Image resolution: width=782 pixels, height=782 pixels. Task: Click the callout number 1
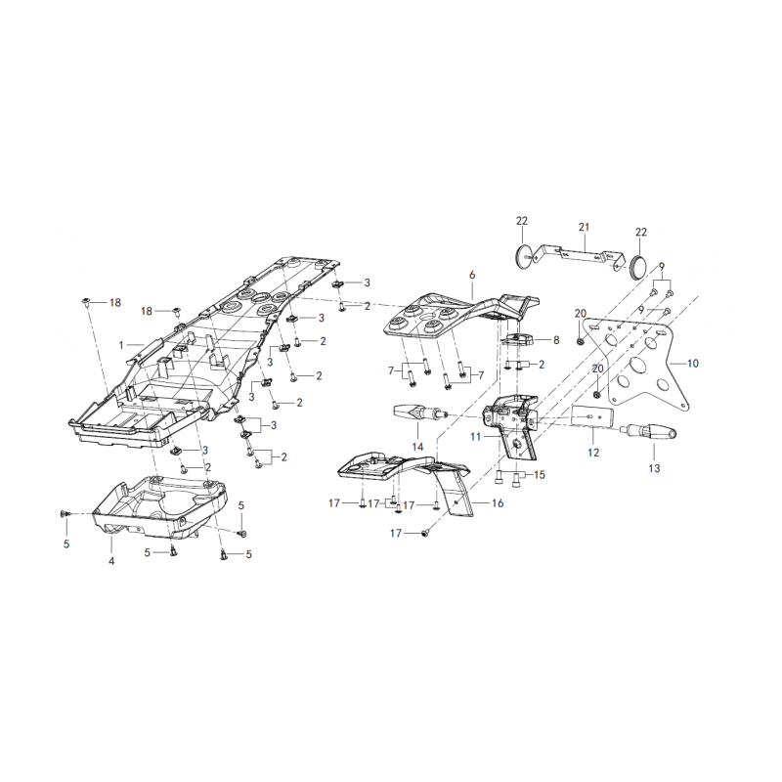120,345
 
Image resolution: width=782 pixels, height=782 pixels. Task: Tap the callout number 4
111,561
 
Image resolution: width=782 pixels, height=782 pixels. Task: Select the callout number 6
472,275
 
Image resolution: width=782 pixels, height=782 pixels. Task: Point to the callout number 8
556,340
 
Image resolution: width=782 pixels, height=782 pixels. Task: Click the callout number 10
693,363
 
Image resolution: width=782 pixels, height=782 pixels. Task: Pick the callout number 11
475,437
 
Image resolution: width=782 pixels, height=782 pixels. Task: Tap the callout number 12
593,453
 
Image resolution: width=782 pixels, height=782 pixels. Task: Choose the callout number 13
654,468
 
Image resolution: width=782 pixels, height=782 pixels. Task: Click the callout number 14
417,446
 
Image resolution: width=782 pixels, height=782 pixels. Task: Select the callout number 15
540,474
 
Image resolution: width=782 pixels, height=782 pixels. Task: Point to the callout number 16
498,503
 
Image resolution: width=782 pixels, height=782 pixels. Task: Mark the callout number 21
584,227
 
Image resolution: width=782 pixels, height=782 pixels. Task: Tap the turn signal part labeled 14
418,413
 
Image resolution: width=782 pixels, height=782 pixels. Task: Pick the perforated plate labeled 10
638,364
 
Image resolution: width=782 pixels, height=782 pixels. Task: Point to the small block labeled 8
519,341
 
